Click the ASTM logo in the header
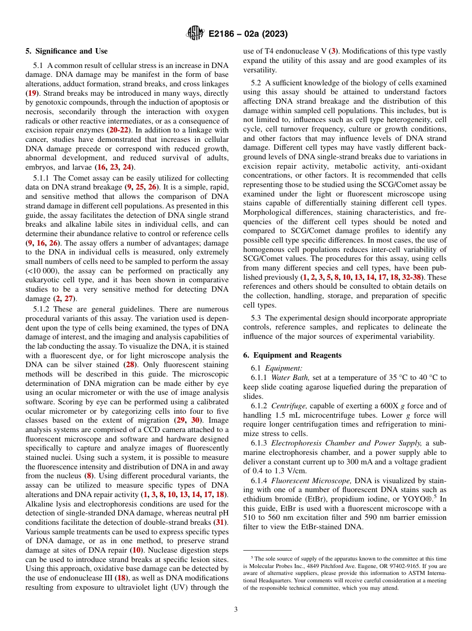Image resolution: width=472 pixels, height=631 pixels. coord(194,33)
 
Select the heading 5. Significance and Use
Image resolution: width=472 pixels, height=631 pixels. coord(66,51)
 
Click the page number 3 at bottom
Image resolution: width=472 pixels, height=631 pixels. coord(236,609)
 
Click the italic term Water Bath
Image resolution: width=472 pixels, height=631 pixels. coord(284,378)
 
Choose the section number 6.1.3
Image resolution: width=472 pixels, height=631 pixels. coord(260,443)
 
